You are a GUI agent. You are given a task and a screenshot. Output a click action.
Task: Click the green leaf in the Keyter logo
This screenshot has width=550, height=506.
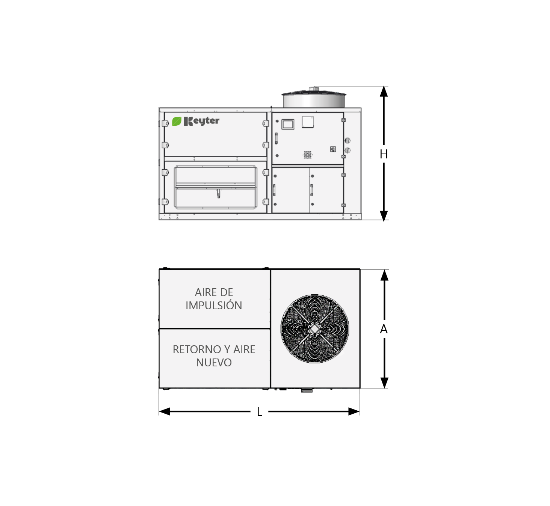click(177, 121)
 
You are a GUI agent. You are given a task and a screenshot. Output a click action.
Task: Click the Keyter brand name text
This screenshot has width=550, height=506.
click(201, 121)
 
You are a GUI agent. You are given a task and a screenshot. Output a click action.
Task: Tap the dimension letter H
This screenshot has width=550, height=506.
click(384, 155)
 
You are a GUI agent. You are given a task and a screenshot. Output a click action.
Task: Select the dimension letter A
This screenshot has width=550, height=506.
click(384, 329)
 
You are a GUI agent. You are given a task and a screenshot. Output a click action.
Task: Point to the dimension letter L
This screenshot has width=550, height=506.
click(259, 412)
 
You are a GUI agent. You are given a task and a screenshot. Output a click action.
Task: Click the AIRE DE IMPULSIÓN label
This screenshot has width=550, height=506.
click(214, 299)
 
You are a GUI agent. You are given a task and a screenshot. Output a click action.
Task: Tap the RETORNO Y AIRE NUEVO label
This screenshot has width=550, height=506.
click(214, 356)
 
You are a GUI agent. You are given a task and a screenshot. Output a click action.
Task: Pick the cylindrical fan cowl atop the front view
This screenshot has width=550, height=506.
click(314, 100)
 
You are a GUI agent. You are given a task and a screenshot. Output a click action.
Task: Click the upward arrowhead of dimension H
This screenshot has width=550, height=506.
click(384, 92)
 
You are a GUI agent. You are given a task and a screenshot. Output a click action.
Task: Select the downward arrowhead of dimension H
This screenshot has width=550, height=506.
click(384, 216)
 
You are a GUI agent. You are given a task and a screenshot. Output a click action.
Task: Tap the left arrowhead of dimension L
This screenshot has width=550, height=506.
click(165, 411)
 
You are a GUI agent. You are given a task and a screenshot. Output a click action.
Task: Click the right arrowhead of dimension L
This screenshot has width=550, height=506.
click(354, 411)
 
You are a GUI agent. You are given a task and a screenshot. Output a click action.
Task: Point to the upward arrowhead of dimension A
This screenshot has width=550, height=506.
click(384, 275)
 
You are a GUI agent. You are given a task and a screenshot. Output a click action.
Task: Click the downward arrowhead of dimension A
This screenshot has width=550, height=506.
click(384, 383)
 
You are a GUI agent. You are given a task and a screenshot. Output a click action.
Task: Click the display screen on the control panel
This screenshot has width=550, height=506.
click(288, 124)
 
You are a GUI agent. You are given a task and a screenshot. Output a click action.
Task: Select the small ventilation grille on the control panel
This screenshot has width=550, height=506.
click(308, 155)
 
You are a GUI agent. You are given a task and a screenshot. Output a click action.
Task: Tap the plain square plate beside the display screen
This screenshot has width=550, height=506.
click(308, 122)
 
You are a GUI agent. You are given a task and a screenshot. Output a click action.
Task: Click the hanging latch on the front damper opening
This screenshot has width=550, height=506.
click(218, 194)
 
